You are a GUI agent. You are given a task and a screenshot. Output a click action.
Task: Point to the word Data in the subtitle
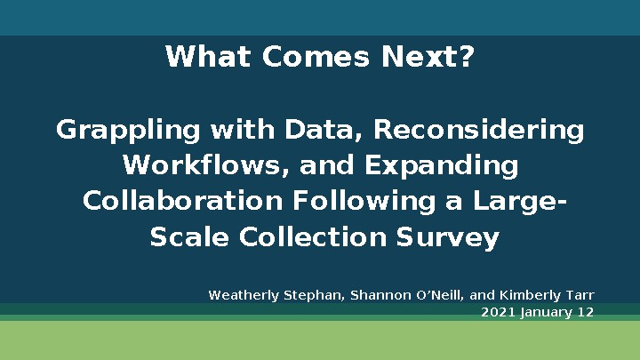pos(322,131)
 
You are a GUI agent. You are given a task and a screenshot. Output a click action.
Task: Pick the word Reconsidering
pos(478,131)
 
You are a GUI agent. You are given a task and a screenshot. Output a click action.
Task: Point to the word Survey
pos(453,238)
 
